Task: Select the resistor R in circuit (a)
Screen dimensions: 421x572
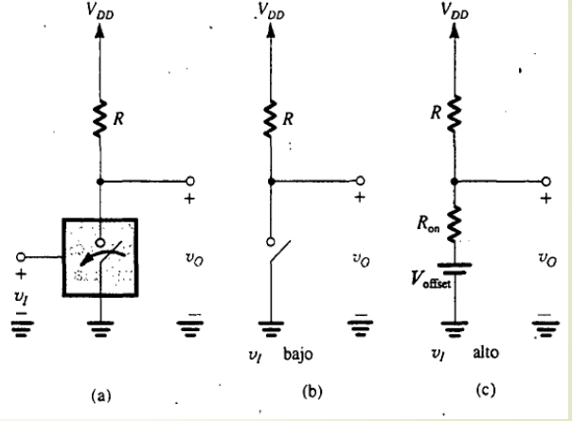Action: click(98, 119)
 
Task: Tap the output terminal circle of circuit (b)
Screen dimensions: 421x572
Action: click(361, 181)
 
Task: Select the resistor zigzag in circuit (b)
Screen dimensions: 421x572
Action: click(271, 119)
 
